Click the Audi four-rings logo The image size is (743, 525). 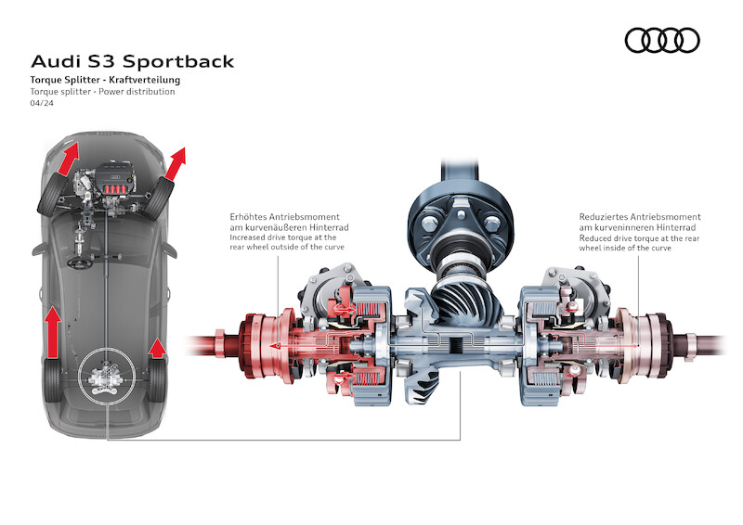(662, 40)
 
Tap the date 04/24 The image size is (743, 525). (41, 104)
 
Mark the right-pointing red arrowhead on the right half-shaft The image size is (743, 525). (631, 345)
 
